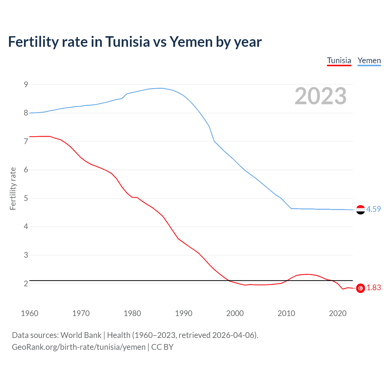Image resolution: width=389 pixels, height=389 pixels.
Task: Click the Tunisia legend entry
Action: coord(339,60)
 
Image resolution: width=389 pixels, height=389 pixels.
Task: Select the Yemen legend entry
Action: coord(369,60)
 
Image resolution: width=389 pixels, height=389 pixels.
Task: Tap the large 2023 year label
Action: coord(320,96)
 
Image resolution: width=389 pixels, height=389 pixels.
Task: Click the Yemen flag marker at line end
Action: coord(360,210)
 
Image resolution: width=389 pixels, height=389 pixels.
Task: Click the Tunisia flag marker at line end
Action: coord(360,288)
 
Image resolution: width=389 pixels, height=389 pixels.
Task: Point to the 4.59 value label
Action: coord(374,209)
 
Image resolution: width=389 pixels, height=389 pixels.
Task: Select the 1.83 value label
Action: coord(374,287)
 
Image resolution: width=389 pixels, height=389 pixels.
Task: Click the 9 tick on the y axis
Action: coord(26,84)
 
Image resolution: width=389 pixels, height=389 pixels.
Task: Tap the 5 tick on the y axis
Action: coord(26,198)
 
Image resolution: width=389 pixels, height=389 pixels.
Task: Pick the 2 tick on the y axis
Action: coord(26,284)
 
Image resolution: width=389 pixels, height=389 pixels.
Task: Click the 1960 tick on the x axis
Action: coord(29,313)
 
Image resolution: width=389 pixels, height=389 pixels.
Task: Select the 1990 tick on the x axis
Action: coord(184,313)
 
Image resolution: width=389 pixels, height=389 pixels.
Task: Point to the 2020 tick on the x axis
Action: coord(338,313)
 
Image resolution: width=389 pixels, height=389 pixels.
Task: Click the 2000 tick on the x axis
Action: coord(235,313)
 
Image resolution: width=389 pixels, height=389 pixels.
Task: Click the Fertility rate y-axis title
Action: coord(13,188)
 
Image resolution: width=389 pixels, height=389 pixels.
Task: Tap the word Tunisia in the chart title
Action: coord(128,42)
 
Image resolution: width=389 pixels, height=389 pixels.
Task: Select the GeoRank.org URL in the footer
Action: coord(79,347)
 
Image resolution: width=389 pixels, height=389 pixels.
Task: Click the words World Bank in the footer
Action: coord(81,335)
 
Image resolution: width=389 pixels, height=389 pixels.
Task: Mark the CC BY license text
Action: coord(162,347)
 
